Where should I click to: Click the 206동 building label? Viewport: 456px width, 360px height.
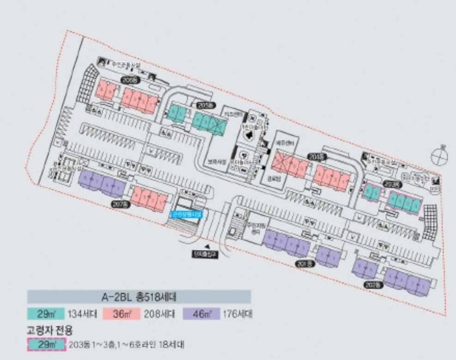[129, 80]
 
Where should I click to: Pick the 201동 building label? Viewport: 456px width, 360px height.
[303, 263]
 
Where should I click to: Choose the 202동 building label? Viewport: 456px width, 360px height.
[371, 285]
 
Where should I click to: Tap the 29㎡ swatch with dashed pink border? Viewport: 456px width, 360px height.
[45, 345]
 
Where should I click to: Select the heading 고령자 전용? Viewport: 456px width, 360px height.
[50, 330]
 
